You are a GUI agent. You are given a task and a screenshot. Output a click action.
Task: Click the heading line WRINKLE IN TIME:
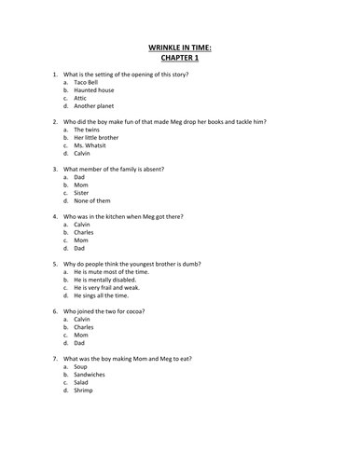(x=180, y=46)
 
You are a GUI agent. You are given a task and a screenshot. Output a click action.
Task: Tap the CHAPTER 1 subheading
(x=180, y=57)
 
